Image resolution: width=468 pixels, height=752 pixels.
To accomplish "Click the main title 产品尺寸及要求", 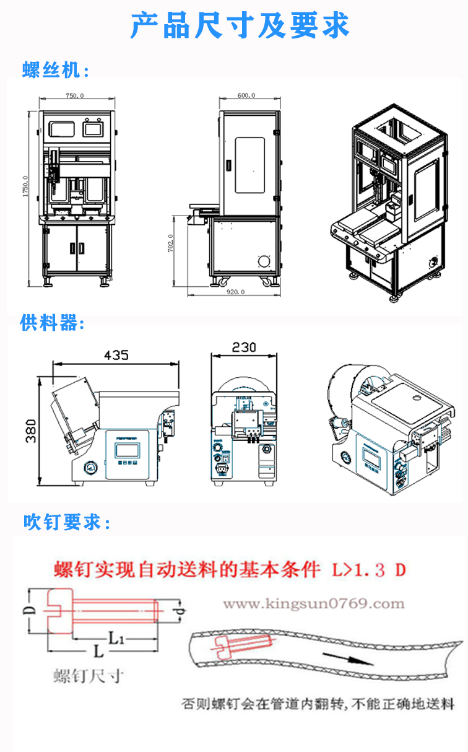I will point(240,27).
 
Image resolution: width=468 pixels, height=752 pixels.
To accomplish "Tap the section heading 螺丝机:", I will point(56,71).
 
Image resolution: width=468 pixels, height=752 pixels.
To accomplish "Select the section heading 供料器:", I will point(52,323).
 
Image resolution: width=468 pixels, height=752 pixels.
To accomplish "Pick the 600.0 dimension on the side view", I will point(246,95).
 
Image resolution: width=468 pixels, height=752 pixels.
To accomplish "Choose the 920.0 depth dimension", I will point(236,291).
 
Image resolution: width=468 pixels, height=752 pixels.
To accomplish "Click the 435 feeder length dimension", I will point(116,355).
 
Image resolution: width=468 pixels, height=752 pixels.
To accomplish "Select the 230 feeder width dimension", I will point(244,348).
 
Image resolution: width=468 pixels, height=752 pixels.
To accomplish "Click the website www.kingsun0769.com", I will point(313,603).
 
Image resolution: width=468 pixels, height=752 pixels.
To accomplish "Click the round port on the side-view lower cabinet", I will point(264,260).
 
